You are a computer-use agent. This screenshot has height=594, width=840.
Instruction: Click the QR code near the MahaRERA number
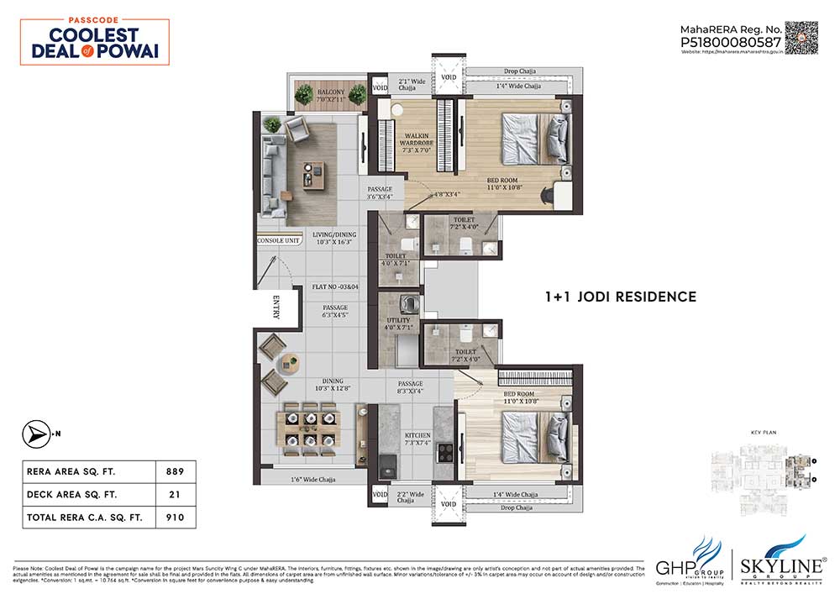pos(801,38)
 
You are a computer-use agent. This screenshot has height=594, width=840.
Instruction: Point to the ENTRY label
pos(276,307)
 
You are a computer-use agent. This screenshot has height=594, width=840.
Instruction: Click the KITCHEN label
pos(417,436)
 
